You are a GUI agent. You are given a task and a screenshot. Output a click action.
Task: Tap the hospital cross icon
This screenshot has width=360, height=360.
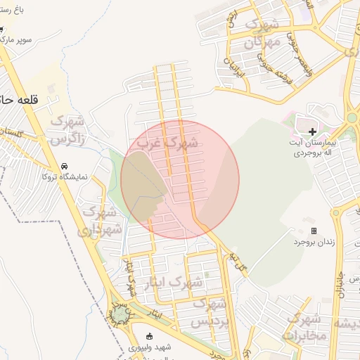click(x=312, y=131)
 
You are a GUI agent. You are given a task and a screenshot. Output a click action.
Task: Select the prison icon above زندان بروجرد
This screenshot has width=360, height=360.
click(x=314, y=231)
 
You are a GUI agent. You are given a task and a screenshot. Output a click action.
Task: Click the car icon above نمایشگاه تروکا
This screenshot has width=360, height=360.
click(x=65, y=166)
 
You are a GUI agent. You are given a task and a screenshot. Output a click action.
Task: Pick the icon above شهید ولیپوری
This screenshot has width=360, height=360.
click(x=148, y=335)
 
